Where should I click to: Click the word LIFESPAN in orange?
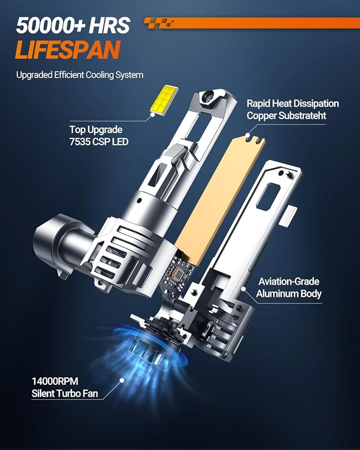tap(68, 50)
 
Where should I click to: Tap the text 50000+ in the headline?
tap(50, 25)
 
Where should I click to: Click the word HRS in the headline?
tap(109, 25)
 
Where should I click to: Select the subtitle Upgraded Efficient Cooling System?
tap(80, 75)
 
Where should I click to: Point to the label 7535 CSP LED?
tap(99, 142)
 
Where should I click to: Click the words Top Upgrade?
tap(96, 130)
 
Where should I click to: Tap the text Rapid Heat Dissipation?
tap(293, 103)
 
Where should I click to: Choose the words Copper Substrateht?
tap(286, 116)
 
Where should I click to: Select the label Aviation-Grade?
tap(289, 281)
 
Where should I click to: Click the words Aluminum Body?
tap(289, 294)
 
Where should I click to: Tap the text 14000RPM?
tap(55, 382)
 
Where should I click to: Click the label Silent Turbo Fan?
tap(65, 393)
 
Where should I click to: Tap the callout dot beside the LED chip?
tap(153, 114)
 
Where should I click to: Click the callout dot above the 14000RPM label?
tap(122, 380)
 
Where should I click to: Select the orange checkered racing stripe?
tap(252, 23)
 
